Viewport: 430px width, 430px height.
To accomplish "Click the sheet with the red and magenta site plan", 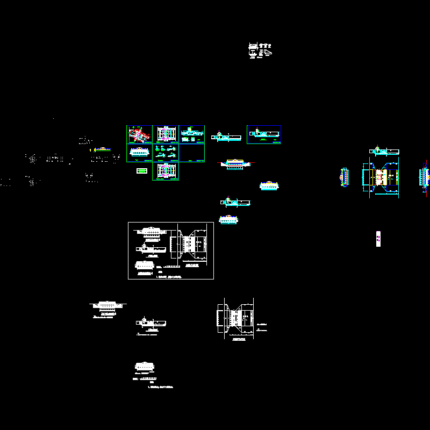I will pyautogui.click(x=139, y=134).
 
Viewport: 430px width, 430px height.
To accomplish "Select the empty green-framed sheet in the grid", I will pyautogui.click(x=192, y=153).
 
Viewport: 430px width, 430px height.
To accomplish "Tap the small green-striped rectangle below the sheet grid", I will pyautogui.click(x=142, y=171).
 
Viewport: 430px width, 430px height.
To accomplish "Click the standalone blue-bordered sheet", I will pyautogui.click(x=264, y=134).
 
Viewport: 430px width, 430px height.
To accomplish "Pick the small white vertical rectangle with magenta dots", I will pyautogui.click(x=378, y=238).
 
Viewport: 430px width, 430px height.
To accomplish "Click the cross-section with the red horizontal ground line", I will pyautogui.click(x=235, y=162).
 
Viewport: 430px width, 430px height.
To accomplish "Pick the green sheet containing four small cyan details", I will pyautogui.click(x=166, y=153).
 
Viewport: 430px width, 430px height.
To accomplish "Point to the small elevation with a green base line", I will pyautogui.click(x=102, y=149).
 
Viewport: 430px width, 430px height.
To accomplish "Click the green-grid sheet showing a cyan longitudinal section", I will pyautogui.click(x=192, y=134).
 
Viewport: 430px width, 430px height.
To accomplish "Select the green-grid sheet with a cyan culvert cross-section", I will pyautogui.click(x=139, y=153).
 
